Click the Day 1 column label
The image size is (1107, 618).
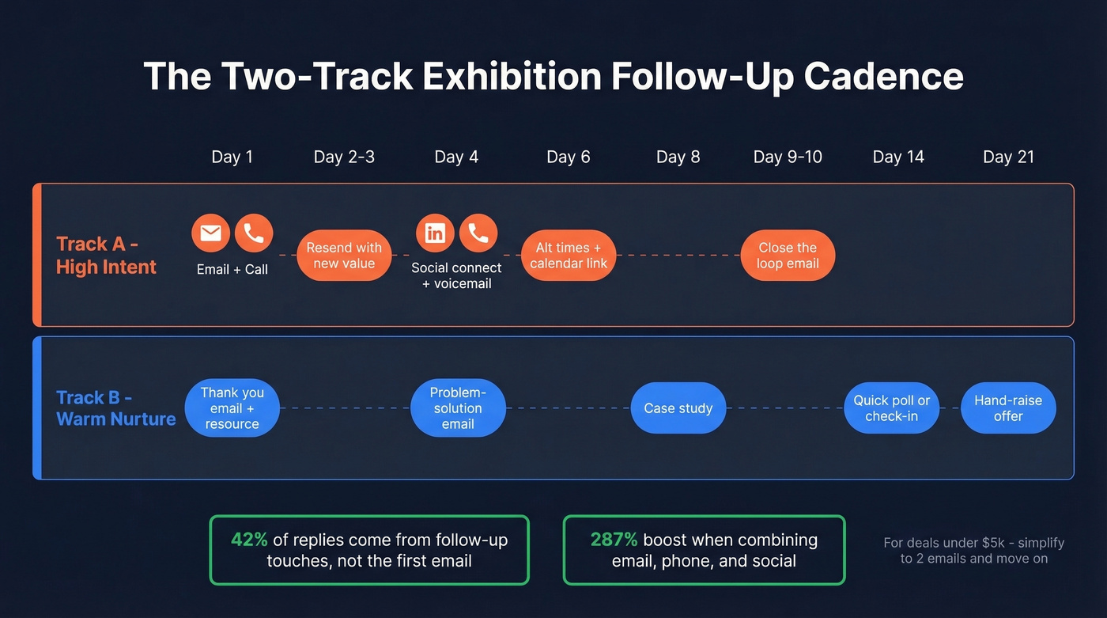(x=232, y=157)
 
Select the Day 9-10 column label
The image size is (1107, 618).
(x=788, y=157)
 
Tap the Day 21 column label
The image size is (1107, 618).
(x=1008, y=157)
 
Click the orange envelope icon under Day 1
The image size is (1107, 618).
(x=211, y=233)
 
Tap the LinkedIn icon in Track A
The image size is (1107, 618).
(x=435, y=233)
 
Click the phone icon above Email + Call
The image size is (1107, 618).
(x=254, y=233)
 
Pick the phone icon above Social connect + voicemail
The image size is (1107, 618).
(x=478, y=233)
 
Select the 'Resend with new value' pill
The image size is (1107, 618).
(x=344, y=256)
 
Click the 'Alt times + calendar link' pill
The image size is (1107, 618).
(x=569, y=256)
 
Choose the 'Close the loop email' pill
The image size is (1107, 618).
(x=788, y=256)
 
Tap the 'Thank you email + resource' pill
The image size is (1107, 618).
(x=232, y=408)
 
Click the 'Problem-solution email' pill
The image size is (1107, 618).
(x=458, y=408)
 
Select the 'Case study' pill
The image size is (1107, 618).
(x=678, y=408)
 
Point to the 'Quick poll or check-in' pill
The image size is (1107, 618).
(x=891, y=408)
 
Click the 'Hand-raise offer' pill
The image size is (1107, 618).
(x=1008, y=408)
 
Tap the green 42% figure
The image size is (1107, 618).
(x=249, y=540)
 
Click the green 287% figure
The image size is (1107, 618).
(x=614, y=540)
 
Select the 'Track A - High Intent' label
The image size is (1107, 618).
(x=106, y=256)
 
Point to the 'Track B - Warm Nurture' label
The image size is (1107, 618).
(x=115, y=408)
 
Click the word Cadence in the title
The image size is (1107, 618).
(x=883, y=77)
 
